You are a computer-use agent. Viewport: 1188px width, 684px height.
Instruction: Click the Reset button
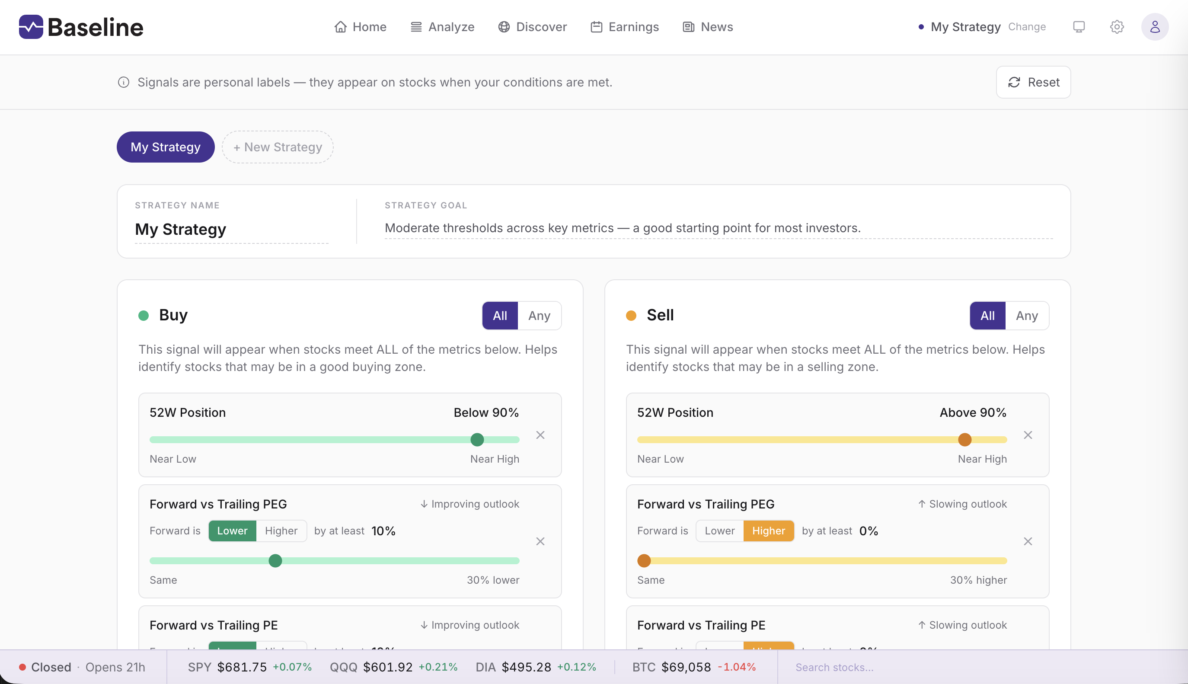1033,82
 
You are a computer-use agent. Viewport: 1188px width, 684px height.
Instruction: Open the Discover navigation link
533,27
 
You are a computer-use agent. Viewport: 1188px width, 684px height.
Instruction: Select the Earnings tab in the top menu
625,27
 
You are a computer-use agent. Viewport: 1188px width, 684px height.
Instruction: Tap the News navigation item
708,27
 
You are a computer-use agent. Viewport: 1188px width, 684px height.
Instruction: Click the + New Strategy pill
278,147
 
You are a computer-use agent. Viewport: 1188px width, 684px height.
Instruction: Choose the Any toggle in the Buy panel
539,316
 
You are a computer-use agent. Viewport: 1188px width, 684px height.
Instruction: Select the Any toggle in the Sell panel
1026,316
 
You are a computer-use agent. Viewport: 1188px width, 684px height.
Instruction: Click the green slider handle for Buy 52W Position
477,440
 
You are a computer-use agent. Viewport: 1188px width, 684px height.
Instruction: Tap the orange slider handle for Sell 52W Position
964,440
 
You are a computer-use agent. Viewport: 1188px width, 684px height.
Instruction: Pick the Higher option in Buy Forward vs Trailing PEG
281,531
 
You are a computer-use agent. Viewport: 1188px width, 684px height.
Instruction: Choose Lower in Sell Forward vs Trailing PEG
719,531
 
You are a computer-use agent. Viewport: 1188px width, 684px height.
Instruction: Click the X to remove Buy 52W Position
540,435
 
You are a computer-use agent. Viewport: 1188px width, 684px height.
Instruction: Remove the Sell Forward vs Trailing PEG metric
1028,542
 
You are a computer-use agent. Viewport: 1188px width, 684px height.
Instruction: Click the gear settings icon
1117,27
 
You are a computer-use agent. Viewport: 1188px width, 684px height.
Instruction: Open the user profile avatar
1155,27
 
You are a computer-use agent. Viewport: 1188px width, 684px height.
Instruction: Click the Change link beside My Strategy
1027,27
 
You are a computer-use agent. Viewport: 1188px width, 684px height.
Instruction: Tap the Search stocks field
834,667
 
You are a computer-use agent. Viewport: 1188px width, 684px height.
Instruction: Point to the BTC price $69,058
686,667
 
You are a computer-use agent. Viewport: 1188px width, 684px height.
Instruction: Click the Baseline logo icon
31,27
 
